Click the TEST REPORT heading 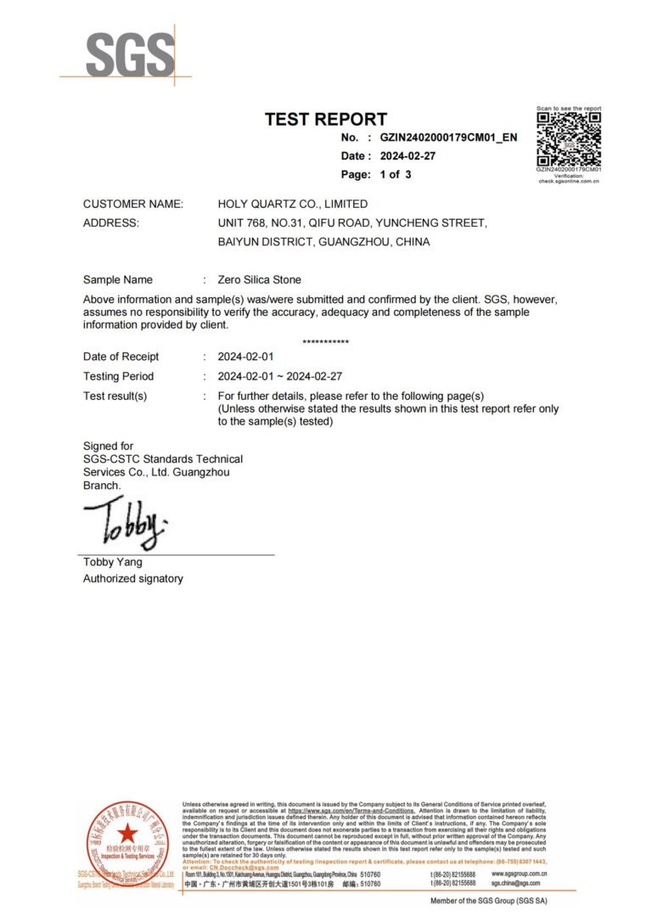coord(325,120)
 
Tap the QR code coord(568,138)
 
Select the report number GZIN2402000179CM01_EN coord(448,138)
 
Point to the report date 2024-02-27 coord(408,156)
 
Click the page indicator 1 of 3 coord(396,175)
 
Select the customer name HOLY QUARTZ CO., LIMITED coord(293,204)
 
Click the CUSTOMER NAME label coord(132,204)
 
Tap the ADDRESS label coord(110,223)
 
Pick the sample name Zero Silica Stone coord(259,279)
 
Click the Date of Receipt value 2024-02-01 coord(245,357)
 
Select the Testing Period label coord(119,376)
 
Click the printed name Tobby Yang coord(112,562)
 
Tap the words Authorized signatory coord(132,579)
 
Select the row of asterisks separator coord(325,342)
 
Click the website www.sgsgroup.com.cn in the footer coord(519,874)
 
